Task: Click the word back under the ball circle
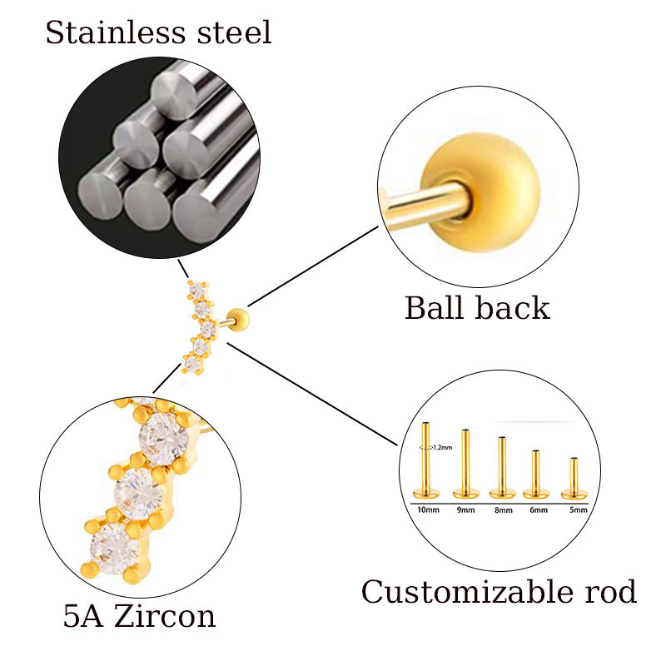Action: [x=514, y=308]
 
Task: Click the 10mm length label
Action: [x=427, y=509]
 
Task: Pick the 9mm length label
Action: [x=465, y=509]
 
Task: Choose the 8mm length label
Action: [x=503, y=509]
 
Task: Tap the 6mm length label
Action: [x=538, y=509]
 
